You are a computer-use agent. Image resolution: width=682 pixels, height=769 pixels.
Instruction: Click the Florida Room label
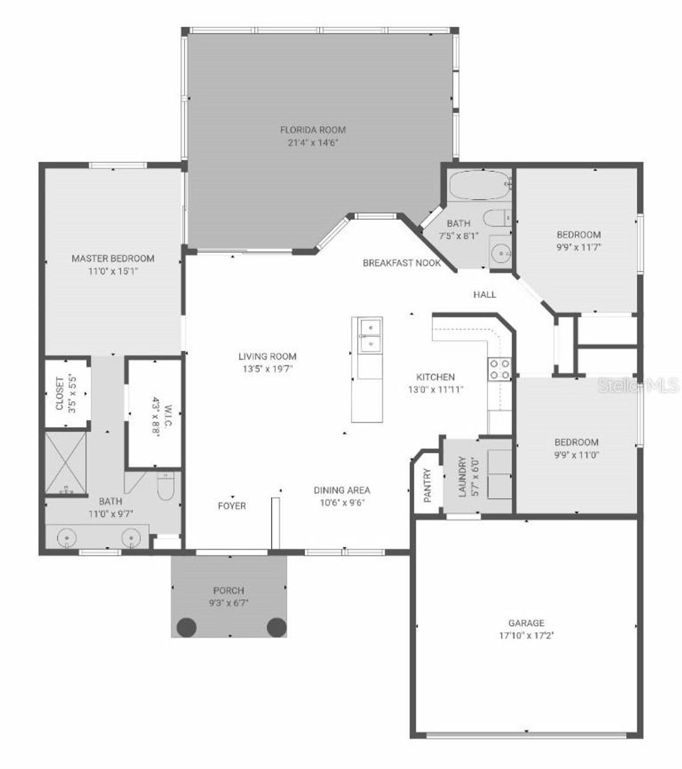(312, 130)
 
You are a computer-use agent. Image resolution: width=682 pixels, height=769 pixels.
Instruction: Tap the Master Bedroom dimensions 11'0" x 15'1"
(113, 271)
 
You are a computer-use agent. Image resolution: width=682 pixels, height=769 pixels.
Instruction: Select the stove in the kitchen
(500, 369)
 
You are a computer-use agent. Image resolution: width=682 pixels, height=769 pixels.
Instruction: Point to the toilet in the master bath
(165, 487)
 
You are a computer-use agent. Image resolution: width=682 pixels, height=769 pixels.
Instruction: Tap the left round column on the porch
(186, 627)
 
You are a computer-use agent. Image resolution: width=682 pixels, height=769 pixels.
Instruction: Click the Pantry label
(427, 485)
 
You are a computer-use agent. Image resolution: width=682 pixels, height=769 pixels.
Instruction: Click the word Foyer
(232, 506)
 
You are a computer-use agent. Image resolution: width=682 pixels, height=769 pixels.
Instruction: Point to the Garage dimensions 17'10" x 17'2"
(526, 635)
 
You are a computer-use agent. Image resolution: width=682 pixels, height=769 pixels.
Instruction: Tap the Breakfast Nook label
(402, 263)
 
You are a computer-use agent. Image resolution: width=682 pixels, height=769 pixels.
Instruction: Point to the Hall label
(484, 294)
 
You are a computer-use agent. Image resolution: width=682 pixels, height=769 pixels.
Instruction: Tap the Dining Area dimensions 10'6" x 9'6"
(342, 503)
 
